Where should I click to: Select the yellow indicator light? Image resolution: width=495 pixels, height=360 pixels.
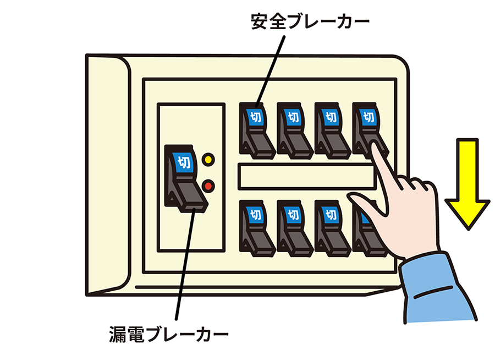(208, 160)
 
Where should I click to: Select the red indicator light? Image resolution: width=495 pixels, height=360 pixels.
(208, 186)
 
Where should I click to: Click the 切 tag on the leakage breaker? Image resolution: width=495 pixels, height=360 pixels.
(183, 162)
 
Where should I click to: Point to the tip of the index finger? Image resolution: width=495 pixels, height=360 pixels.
(376, 146)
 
